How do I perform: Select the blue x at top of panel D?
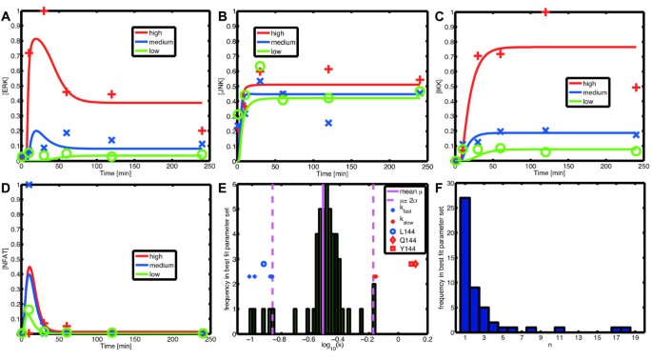click(x=30, y=185)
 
